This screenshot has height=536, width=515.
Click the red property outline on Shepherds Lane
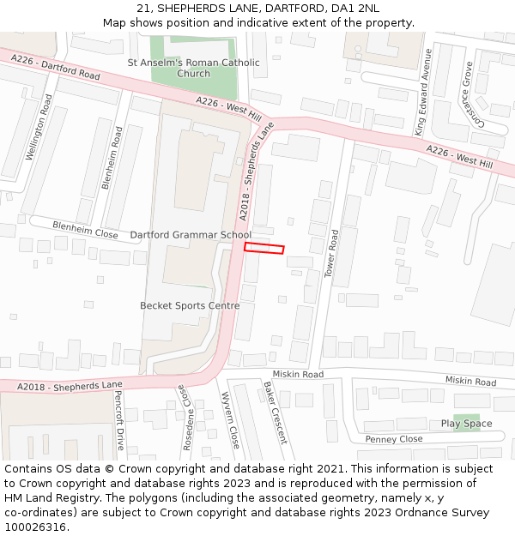click(x=264, y=248)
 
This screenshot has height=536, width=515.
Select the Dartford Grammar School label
click(x=191, y=235)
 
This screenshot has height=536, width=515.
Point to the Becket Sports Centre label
click(x=190, y=305)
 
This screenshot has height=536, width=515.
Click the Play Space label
click(x=466, y=424)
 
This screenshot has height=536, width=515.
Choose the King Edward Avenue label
click(x=422, y=92)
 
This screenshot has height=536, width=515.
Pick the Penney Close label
click(x=394, y=439)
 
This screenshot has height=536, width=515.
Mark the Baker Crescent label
click(x=276, y=413)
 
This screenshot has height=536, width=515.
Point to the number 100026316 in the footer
click(x=36, y=527)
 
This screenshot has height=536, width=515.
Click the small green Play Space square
click(x=466, y=423)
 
